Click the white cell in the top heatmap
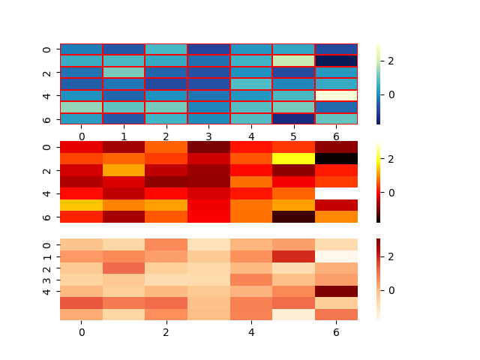point(336,95)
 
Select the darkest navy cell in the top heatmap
point(336,61)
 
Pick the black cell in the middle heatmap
point(336,158)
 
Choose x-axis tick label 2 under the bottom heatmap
point(166,331)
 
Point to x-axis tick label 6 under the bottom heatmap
point(336,331)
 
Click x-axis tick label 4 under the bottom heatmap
point(251,331)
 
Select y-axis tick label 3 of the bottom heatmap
point(46,280)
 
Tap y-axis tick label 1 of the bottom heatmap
point(46,256)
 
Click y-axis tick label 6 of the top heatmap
point(46,118)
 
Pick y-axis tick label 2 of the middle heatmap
point(46,170)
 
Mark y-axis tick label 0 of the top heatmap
point(46,49)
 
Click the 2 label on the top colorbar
point(391,60)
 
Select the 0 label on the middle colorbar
point(391,192)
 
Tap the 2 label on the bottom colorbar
point(391,256)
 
